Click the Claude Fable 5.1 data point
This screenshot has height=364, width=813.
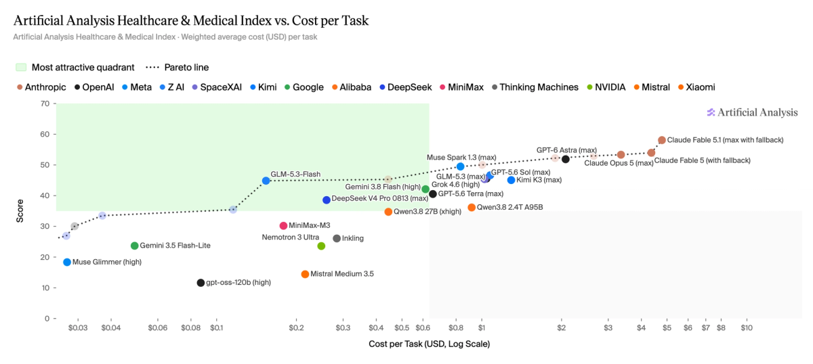[662, 140]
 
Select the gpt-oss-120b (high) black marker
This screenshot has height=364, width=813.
[201, 283]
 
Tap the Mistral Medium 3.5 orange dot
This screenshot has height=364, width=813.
[305, 274]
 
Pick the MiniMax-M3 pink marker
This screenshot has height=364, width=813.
[283, 226]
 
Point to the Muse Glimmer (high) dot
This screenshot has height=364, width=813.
[67, 262]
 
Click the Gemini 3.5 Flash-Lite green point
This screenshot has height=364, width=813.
[135, 246]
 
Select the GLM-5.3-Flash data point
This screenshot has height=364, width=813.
[266, 181]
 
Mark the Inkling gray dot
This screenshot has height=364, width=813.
[337, 239]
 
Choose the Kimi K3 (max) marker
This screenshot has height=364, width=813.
[511, 180]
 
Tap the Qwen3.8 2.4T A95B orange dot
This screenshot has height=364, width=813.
[472, 208]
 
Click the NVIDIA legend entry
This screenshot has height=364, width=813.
[606, 87]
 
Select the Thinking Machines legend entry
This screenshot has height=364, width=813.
[535, 87]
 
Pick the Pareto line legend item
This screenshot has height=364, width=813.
[177, 68]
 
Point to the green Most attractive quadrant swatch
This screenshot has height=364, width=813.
[21, 68]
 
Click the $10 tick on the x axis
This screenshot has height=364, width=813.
[747, 328]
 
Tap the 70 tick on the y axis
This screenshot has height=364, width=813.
[45, 104]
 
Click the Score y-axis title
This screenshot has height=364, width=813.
[20, 211]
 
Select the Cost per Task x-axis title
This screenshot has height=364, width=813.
[430, 344]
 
